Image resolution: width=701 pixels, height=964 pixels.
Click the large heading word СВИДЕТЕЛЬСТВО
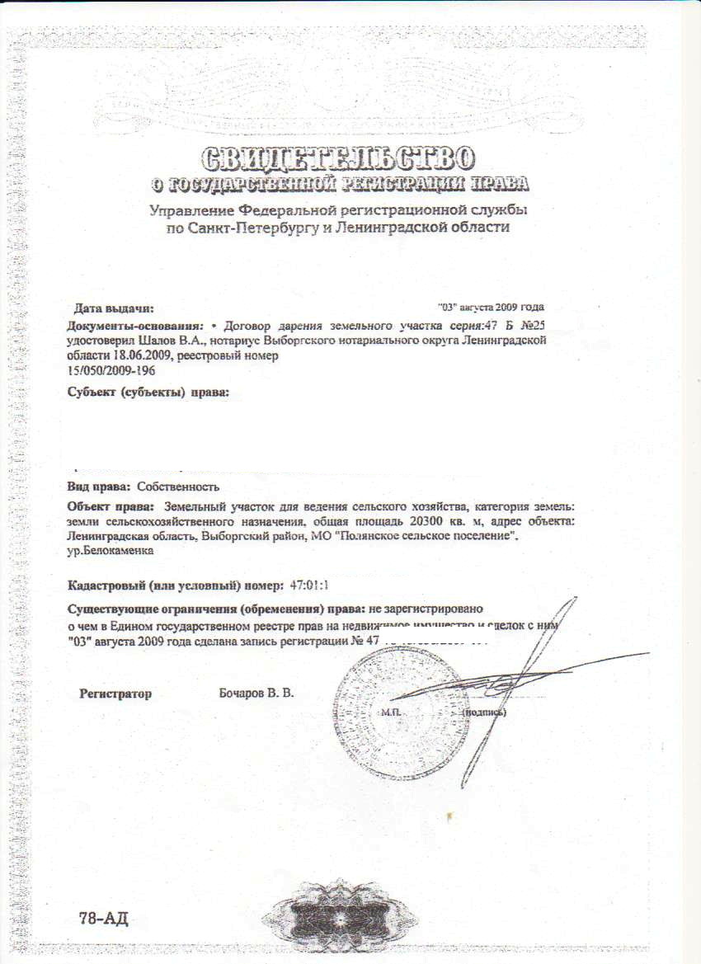coord(338,157)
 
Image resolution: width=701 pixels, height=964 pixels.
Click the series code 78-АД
coord(104,919)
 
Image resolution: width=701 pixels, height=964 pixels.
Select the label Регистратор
coord(115,694)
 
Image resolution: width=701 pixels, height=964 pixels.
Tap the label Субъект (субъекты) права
coord(148,391)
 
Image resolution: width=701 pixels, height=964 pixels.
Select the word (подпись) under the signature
coord(485,711)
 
